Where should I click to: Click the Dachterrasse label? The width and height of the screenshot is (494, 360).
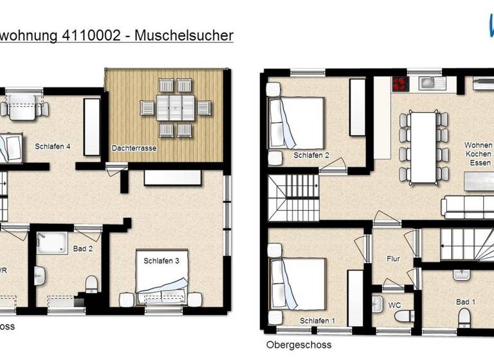(134, 148)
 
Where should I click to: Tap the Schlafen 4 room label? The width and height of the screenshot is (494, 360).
(52, 147)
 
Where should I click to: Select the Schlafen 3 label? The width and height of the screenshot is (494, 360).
(161, 260)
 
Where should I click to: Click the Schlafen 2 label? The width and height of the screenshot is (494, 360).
(311, 156)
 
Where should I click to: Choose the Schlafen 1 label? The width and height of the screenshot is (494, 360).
(317, 321)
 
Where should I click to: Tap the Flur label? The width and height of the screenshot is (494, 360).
(393, 259)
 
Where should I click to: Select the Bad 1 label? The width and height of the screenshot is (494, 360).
(465, 301)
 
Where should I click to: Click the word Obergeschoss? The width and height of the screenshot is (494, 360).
(299, 345)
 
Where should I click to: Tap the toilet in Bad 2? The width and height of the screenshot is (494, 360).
(92, 283)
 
